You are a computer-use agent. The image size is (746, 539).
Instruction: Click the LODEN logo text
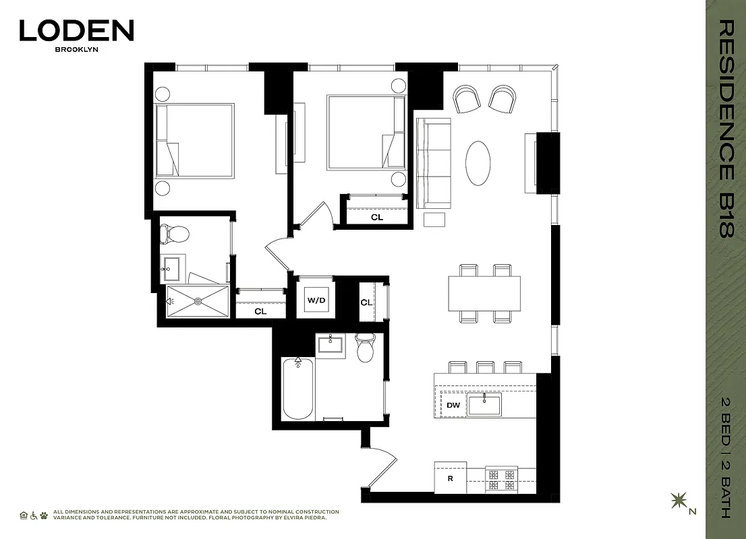pos(76,30)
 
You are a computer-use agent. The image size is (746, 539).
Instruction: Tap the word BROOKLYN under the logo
pos(76,49)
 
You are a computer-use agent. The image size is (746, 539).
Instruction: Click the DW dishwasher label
pos(453,405)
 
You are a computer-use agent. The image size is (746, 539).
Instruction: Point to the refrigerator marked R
pos(450,479)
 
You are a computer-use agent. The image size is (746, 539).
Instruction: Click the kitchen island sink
pos(484,405)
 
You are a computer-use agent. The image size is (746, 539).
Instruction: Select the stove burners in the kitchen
pos(502,479)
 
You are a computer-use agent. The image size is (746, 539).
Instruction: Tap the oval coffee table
pos(479,163)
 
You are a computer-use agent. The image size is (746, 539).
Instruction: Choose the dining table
pos(484,293)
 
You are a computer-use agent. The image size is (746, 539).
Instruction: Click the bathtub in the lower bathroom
pos(297,389)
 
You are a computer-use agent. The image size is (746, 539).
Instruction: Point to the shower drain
pos(198,301)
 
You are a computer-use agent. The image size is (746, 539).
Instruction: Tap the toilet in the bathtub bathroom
pos(365,348)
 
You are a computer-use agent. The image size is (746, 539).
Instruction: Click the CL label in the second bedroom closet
pos(376,218)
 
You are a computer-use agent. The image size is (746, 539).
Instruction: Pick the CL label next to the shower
pos(260,311)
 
